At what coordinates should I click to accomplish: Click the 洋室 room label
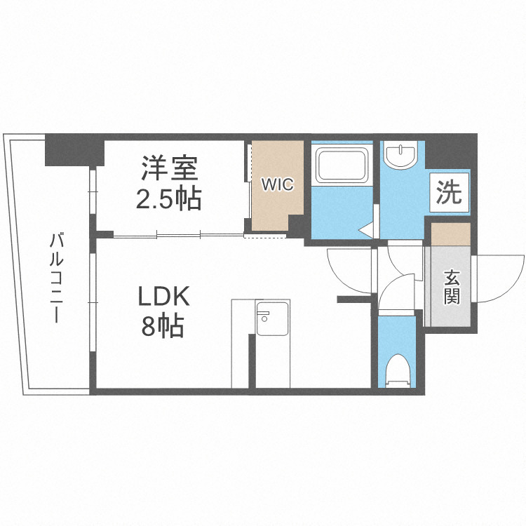point(170,168)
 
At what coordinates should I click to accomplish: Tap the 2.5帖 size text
point(169,199)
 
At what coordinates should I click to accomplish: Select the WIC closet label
point(277,184)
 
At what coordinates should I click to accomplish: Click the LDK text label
point(163,297)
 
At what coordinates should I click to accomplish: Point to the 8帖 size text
point(163,327)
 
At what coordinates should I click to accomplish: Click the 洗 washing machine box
point(450,192)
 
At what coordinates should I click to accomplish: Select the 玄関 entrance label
point(450,288)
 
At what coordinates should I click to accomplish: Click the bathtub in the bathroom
point(343,166)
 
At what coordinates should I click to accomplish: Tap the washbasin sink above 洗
point(401,156)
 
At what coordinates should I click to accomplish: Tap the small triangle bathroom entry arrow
point(365,229)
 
